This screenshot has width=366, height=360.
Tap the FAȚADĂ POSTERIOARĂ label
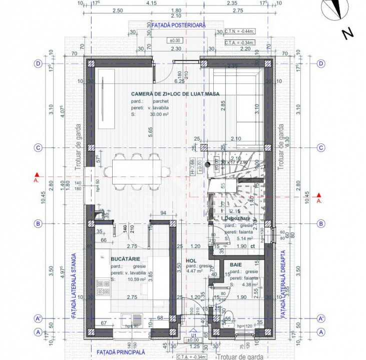pyautogui.click(x=175, y=24)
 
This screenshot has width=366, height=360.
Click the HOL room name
pyautogui.click(x=191, y=260)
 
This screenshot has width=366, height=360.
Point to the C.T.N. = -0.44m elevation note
pyautogui.click(x=240, y=30)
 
